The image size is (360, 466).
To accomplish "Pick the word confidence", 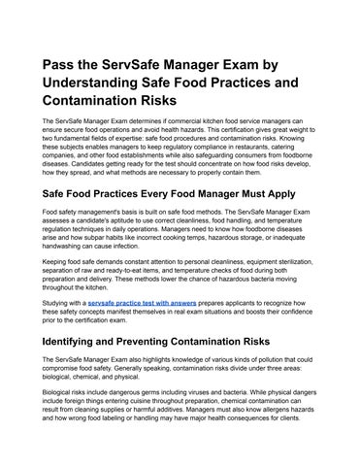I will point(295,313).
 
